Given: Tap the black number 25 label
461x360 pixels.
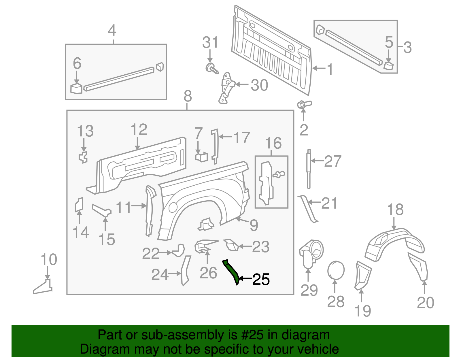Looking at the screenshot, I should click(x=261, y=279).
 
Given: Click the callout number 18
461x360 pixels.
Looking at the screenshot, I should click(x=395, y=210).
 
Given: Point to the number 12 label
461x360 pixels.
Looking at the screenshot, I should click(x=139, y=130).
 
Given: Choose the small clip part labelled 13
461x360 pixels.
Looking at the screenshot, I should click(x=83, y=157).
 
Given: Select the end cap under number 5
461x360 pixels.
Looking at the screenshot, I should click(x=389, y=65).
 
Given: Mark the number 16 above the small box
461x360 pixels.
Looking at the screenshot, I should click(x=273, y=143).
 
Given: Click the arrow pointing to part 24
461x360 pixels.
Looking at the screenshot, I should click(x=175, y=274).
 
